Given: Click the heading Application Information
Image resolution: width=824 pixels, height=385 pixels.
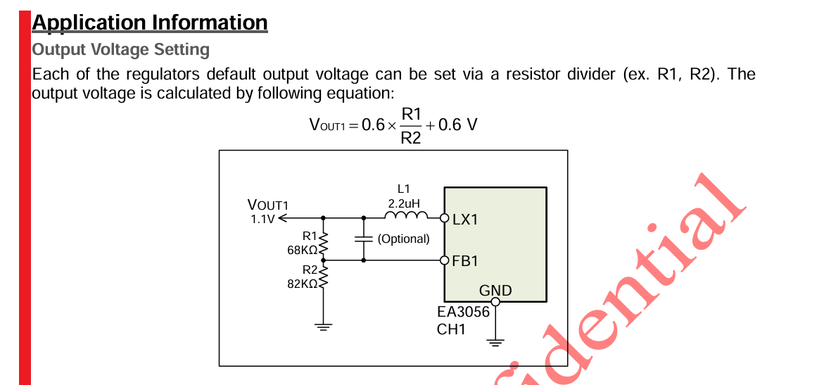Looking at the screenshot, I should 150,23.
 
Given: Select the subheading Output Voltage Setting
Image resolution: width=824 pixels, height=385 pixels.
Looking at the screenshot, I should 121,50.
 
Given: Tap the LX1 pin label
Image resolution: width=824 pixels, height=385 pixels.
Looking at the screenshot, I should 465,219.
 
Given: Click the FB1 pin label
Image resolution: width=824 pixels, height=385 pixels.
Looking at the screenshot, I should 465,261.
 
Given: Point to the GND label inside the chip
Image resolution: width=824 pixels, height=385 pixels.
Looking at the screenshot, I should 495,291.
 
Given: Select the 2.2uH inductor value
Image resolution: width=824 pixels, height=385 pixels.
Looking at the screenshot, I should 404,203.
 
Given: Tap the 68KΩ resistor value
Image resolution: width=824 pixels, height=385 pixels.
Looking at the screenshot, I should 303,249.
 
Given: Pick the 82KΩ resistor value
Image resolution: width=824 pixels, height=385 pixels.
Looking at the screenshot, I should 303,283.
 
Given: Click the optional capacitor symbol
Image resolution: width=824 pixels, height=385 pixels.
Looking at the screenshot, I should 363,239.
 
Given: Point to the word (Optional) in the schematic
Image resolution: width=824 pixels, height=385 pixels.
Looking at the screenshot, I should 403,239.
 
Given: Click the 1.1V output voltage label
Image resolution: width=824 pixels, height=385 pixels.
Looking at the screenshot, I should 262,219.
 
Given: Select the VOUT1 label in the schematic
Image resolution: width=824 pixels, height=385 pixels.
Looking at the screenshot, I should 268,206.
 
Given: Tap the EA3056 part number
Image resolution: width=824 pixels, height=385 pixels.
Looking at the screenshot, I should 463,312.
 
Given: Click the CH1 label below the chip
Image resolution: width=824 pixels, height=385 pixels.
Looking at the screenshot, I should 451,329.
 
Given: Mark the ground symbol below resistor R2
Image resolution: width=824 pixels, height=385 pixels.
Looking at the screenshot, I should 323,327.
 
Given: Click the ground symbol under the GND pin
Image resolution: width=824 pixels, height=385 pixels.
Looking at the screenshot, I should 495,343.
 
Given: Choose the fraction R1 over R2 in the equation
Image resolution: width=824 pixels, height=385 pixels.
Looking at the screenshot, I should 411,126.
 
